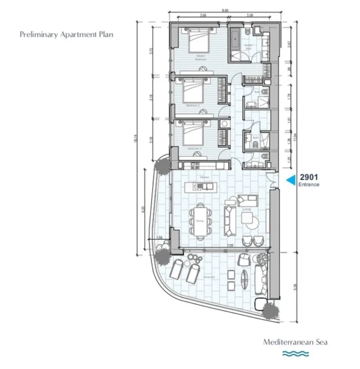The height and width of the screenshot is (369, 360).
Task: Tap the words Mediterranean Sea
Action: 295,342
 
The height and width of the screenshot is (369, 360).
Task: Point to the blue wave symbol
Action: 295,354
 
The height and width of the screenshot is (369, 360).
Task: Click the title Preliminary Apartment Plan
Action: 67,35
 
